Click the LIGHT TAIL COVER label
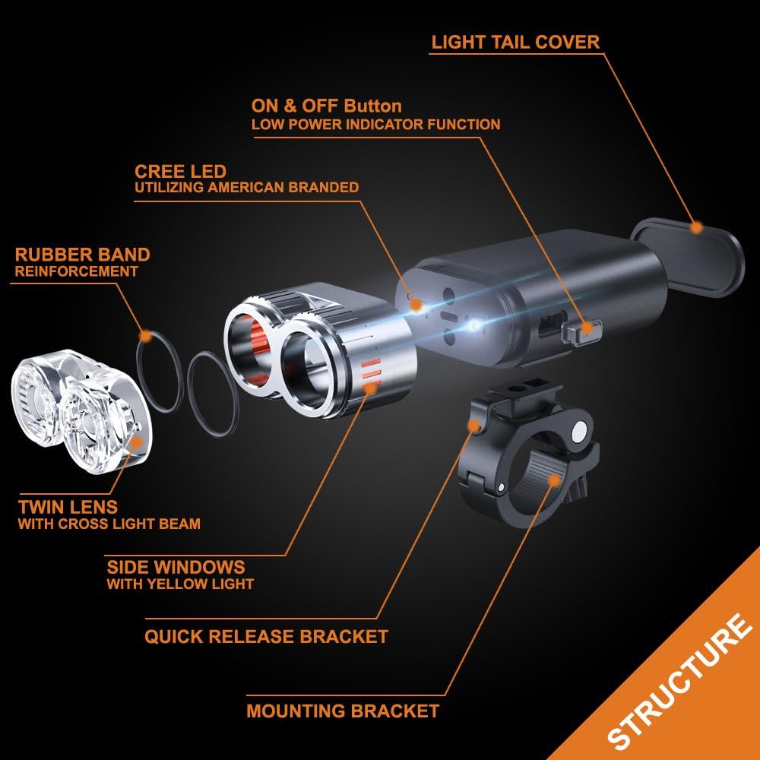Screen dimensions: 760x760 point(515,42)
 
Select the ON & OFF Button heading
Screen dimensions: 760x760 point(327,105)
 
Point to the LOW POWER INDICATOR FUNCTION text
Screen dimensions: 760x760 point(376,124)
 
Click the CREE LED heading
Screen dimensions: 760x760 point(180,171)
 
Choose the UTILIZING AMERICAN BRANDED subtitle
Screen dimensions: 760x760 point(247,188)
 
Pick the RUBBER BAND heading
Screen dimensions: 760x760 point(82,255)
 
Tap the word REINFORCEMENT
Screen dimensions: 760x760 point(77,271)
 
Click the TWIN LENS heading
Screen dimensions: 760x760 point(68,506)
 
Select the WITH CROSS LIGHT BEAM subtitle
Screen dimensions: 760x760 point(109,524)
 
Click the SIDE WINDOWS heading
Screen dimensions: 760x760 point(176,567)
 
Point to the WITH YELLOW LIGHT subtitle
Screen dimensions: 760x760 point(180,584)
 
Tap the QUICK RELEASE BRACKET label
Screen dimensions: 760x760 point(266,636)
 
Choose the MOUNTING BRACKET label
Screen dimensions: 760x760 point(343,711)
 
